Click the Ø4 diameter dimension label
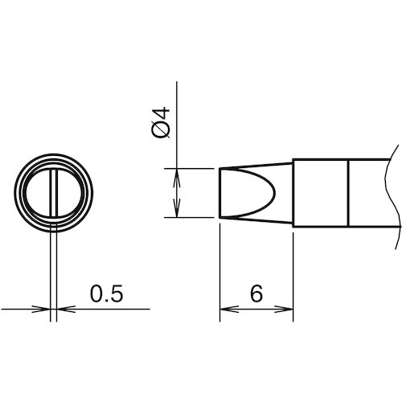pyautogui.click(x=161, y=122)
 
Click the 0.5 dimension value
pyautogui.click(x=106, y=293)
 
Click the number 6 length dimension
pyautogui.click(x=256, y=293)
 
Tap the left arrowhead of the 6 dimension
pyautogui.click(x=229, y=309)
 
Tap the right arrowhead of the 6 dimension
pyautogui.click(x=284, y=309)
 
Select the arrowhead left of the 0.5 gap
pyautogui.click(x=41, y=309)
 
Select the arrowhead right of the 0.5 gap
pyautogui.click(x=66, y=309)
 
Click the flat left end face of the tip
pyautogui.click(x=219, y=193)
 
